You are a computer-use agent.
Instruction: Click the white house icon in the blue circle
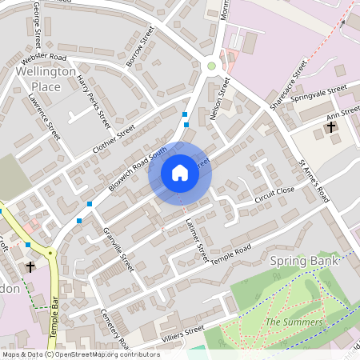tap(180, 173)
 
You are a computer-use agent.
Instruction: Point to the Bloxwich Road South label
tap(138, 168)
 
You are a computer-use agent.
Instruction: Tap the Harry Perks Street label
tap(94, 102)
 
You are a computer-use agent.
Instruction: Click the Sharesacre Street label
tap(288, 82)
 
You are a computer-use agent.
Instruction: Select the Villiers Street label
tap(183, 331)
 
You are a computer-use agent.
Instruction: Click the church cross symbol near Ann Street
tap(331, 126)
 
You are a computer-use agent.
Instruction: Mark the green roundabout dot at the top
tap(211, 66)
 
